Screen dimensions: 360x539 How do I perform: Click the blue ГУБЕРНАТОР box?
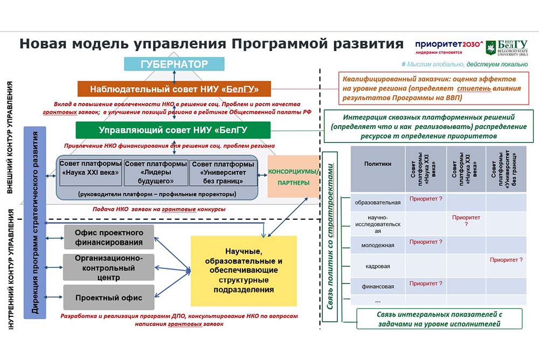pos(174,64)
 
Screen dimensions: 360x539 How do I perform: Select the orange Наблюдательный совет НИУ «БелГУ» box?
pos(174,88)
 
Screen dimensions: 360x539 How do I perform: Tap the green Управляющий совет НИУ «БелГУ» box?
pos(172,130)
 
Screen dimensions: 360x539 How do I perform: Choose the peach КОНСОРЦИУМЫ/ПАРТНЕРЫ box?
pos(293,177)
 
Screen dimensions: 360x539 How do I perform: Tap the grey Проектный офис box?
pos(109,297)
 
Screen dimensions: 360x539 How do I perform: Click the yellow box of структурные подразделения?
pos(244,271)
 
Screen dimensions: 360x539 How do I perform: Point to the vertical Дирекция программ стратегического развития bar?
pos(34,221)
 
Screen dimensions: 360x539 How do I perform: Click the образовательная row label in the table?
pos(377,203)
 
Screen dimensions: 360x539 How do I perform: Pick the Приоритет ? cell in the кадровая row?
pos(506,260)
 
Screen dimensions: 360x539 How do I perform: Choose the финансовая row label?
pos(377,286)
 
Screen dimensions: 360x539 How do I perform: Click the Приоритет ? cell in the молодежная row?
pos(426,242)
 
